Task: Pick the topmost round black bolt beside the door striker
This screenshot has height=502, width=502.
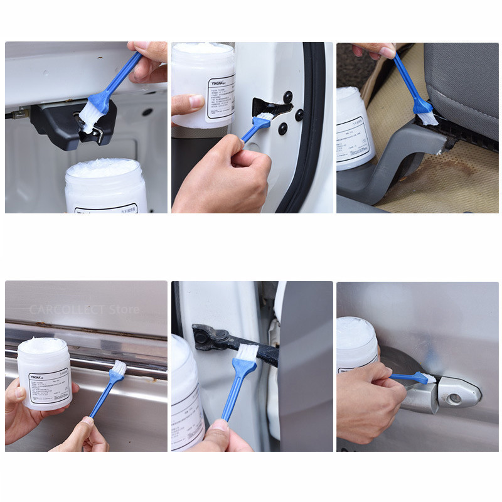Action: [x=287, y=97]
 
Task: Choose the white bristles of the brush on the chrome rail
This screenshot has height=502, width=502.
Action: [x=118, y=368]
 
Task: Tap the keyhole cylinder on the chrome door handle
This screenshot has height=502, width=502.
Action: [x=454, y=398]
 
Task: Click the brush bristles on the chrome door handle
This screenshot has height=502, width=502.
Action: [x=428, y=378]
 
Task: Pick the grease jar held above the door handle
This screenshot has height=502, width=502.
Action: [x=356, y=342]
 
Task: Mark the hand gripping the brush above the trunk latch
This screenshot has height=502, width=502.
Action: [x=149, y=61]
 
